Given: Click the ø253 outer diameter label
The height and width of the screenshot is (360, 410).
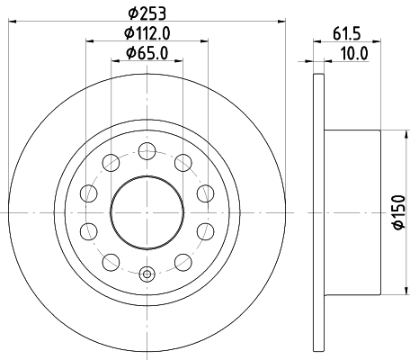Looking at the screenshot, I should [147, 13].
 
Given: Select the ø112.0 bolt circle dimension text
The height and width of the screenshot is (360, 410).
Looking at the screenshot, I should [147, 35].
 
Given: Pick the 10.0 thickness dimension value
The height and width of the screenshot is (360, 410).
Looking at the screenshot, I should [352, 54].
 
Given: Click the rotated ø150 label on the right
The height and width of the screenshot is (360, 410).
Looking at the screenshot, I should [399, 213].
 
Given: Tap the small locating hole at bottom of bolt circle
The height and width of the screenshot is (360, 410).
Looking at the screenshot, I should [147, 273].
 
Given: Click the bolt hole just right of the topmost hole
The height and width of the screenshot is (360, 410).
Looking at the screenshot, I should [183, 162].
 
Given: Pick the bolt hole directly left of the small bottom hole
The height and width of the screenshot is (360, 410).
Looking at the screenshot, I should [111, 262].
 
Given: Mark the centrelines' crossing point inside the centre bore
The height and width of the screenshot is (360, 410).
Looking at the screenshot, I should [147, 212].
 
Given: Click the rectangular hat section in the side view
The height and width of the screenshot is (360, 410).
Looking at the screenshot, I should [352, 212].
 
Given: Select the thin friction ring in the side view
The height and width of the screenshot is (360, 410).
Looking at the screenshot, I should [317, 212].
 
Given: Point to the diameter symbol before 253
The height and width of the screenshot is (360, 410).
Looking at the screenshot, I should [131, 13].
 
